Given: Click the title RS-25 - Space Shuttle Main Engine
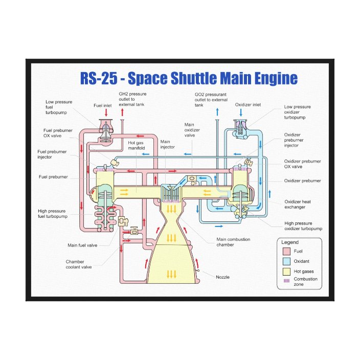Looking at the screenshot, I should pyautogui.click(x=189, y=79).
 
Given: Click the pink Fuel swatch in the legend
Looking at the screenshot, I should pyautogui.click(x=286, y=252).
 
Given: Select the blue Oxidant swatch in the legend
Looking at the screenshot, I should pyautogui.click(x=286, y=261).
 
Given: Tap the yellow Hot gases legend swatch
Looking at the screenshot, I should pyautogui.click(x=286, y=272).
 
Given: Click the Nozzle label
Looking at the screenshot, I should pyautogui.click(x=222, y=277).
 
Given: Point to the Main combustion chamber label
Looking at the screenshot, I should pyautogui.click(x=233, y=242).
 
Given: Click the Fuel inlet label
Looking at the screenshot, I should pyautogui.click(x=103, y=105).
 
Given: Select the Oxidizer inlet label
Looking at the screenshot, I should pyautogui.click(x=248, y=105).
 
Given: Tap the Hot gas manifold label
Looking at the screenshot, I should pyautogui.click(x=136, y=146).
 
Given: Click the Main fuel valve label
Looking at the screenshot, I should pyautogui.click(x=83, y=245).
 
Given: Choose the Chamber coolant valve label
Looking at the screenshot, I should pyautogui.click(x=78, y=264).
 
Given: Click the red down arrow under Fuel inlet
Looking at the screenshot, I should pyautogui.click(x=106, y=112).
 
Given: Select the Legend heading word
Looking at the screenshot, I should pyautogui.click(x=290, y=242).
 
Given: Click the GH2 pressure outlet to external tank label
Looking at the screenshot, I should pyautogui.click(x=132, y=99).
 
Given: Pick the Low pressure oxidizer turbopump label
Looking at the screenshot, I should pyautogui.click(x=297, y=112).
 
